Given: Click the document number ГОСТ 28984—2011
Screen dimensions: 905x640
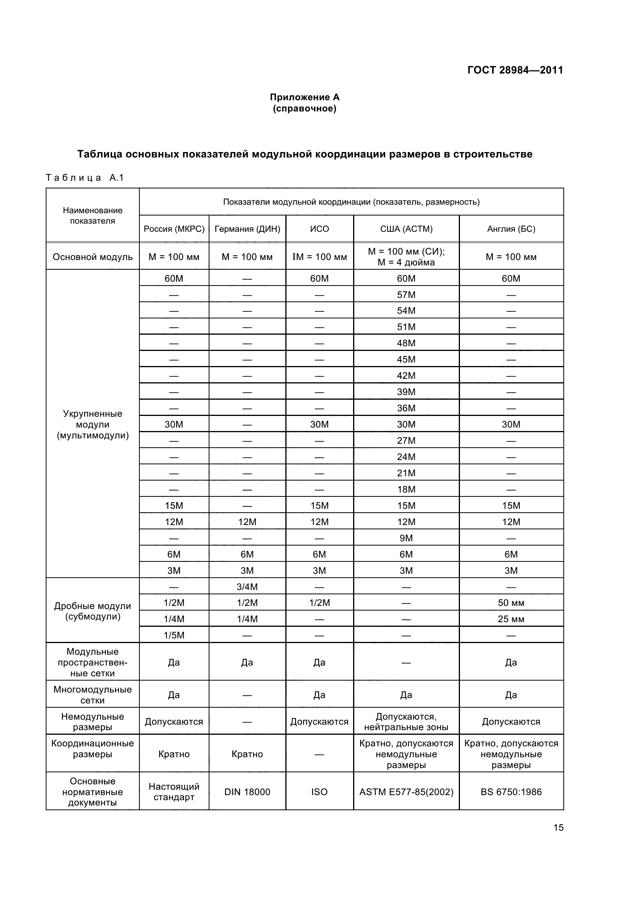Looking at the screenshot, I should [x=515, y=70].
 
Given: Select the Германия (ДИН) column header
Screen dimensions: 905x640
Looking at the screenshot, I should [x=247, y=229].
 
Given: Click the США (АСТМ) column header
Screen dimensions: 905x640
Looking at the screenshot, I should [x=406, y=229].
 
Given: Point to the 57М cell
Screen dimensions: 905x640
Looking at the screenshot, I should [x=406, y=295].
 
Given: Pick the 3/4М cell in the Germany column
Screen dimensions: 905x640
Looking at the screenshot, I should [x=247, y=587].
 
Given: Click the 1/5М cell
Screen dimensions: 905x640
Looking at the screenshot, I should [x=174, y=635].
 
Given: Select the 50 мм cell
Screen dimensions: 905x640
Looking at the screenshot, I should [x=511, y=603].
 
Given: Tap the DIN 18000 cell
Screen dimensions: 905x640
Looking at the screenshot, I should [x=247, y=792].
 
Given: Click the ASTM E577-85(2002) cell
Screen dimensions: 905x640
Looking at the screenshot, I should [x=406, y=792].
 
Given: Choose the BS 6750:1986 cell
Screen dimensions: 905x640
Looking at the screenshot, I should [x=511, y=792].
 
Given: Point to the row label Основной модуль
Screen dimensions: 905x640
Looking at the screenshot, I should [x=93, y=257].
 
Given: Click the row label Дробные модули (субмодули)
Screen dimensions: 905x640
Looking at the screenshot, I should [x=93, y=611].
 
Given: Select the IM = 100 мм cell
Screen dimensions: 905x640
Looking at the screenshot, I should [x=319, y=257].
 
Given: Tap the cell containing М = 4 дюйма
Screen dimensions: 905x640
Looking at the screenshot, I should [x=406, y=262].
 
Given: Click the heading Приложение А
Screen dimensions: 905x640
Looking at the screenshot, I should [x=304, y=98].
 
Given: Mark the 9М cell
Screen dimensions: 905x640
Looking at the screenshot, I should [x=406, y=538].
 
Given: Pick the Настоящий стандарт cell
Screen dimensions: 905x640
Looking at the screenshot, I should [x=174, y=792].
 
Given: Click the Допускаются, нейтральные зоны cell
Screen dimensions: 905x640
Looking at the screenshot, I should [x=406, y=722].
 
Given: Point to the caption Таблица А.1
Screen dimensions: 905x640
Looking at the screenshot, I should [x=85, y=178].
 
